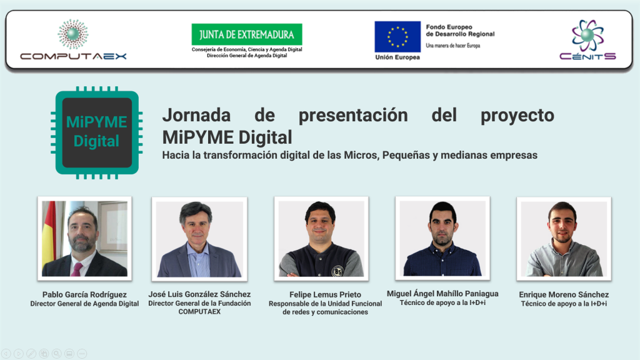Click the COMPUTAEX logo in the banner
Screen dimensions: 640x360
pos(74,39)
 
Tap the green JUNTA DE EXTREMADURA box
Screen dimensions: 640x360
pos(247,34)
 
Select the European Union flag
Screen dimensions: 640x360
pos(397,37)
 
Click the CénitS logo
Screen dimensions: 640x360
pos(587,40)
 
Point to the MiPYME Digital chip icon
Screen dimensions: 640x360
pos(97,132)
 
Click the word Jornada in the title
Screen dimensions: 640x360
pos(196,115)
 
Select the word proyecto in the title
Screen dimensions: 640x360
pos(517,116)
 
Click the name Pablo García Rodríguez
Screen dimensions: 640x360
pos(84,295)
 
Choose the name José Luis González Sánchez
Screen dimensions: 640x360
pos(199,294)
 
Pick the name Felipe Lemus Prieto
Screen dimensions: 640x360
pos(325,295)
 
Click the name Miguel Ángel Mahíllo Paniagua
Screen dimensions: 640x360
pos(442,294)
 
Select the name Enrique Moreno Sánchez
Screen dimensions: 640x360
pos(564,295)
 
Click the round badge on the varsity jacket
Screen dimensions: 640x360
pos(337,271)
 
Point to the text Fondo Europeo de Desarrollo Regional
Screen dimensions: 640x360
pos(460,31)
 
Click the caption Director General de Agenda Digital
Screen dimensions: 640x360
pos(84,304)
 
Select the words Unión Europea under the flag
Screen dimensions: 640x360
pos(397,57)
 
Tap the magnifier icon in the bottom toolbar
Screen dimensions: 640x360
pos(57,354)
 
